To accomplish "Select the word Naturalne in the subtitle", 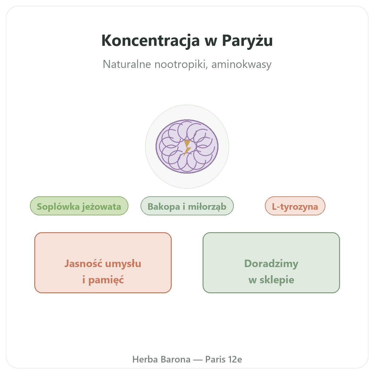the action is (127, 64).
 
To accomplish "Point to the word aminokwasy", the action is (241, 65).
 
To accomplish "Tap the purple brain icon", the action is (187, 146).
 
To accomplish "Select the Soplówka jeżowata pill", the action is (79, 206).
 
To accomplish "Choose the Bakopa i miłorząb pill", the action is (187, 206).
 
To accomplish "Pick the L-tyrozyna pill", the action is (295, 206).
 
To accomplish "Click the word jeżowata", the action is (101, 207).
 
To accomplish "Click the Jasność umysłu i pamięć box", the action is (103, 262).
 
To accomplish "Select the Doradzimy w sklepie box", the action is (271, 262).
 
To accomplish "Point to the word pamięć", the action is (106, 280).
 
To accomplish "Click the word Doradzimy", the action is (271, 264).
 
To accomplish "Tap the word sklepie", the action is (277, 280).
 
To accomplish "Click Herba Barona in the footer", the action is (161, 359).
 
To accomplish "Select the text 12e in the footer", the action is (235, 359).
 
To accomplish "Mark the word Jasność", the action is (83, 264).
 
